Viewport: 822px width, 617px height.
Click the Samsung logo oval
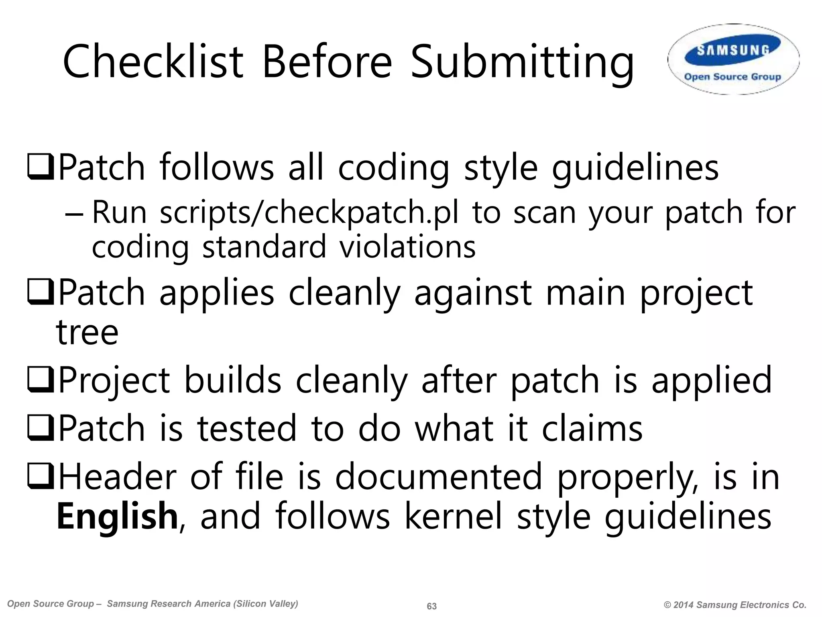pos(733,59)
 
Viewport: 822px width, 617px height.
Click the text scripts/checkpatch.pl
pos(309,213)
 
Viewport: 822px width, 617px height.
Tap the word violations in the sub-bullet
pos(408,247)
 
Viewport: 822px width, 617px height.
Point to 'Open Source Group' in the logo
pos(732,77)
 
